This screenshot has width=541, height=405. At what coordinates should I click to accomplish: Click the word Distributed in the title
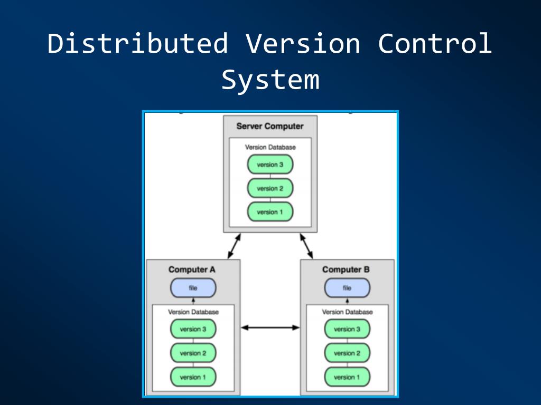[x=138, y=43]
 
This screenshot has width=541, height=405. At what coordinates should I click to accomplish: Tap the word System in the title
[x=270, y=81]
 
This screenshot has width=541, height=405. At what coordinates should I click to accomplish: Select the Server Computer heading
[x=270, y=126]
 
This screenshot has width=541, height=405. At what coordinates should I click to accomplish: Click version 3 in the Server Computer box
[x=270, y=165]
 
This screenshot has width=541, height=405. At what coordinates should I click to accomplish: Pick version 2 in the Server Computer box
[x=270, y=188]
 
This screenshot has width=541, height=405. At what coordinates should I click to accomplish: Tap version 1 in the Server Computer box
[x=270, y=212]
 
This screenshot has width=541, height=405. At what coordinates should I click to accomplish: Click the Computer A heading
[x=192, y=269]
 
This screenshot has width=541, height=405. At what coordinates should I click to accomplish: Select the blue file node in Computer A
[x=193, y=288]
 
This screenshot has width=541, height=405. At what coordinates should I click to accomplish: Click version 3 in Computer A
[x=193, y=329]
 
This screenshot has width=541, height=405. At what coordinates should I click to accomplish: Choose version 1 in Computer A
[x=193, y=377]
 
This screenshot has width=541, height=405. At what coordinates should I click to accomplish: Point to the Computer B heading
[x=346, y=269]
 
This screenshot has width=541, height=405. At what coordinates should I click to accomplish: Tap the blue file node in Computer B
[x=347, y=288]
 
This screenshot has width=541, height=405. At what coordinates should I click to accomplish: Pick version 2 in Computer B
[x=347, y=353]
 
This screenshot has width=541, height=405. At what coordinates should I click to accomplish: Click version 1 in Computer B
[x=347, y=377]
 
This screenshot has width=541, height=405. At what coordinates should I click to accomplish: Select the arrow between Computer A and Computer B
[x=270, y=327]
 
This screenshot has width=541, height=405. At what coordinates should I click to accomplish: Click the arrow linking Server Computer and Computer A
[x=234, y=246]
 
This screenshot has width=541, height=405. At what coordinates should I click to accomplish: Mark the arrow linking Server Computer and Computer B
[x=306, y=246]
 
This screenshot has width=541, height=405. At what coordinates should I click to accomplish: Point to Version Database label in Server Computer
[x=270, y=148]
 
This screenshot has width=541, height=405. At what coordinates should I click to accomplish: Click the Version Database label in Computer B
[x=348, y=312]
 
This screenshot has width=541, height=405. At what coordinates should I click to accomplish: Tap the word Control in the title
[x=435, y=43]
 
